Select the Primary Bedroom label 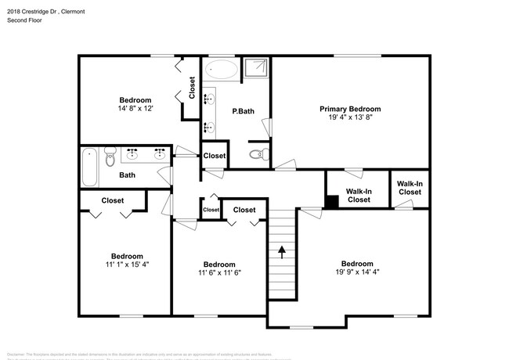(349, 109)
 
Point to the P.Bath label (243, 112)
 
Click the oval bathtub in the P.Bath (222, 70)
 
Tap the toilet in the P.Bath (257, 154)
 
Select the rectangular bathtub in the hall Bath (88, 167)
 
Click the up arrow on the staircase (280, 251)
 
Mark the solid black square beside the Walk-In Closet (332, 200)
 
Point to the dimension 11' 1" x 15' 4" (126, 265)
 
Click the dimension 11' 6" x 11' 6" (218, 273)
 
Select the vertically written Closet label (191, 86)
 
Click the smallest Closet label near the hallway (211, 210)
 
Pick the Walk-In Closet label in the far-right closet (410, 187)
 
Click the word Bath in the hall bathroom (127, 175)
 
